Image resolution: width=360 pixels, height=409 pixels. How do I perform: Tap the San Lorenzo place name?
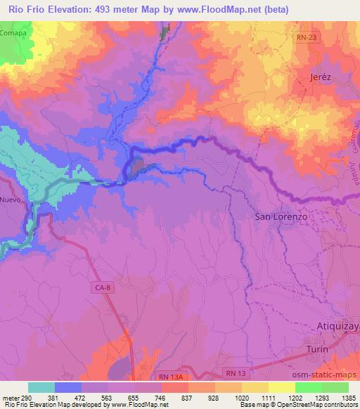(281, 218)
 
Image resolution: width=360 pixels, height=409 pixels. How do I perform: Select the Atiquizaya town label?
(335, 327)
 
